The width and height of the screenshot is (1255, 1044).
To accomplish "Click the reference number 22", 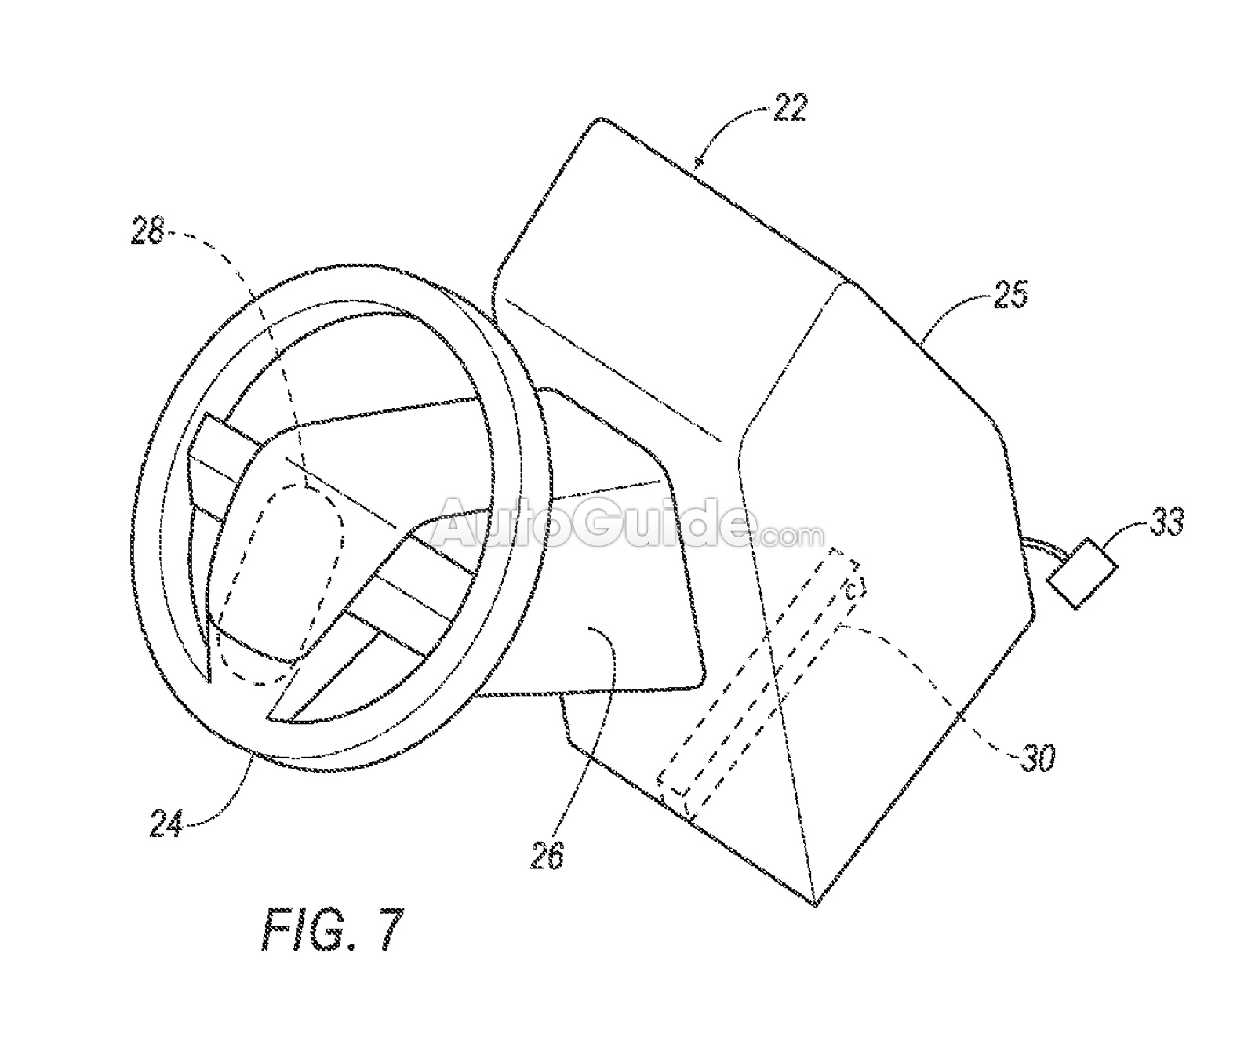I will [789, 107].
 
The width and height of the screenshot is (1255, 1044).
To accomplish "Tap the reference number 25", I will [1009, 295].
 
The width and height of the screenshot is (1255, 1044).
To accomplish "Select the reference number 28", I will [148, 231].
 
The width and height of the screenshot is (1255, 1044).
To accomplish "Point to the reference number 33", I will [1166, 521].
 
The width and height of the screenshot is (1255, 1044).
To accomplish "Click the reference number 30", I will [1037, 758].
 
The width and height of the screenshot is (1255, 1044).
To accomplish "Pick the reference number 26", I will [546, 855].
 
